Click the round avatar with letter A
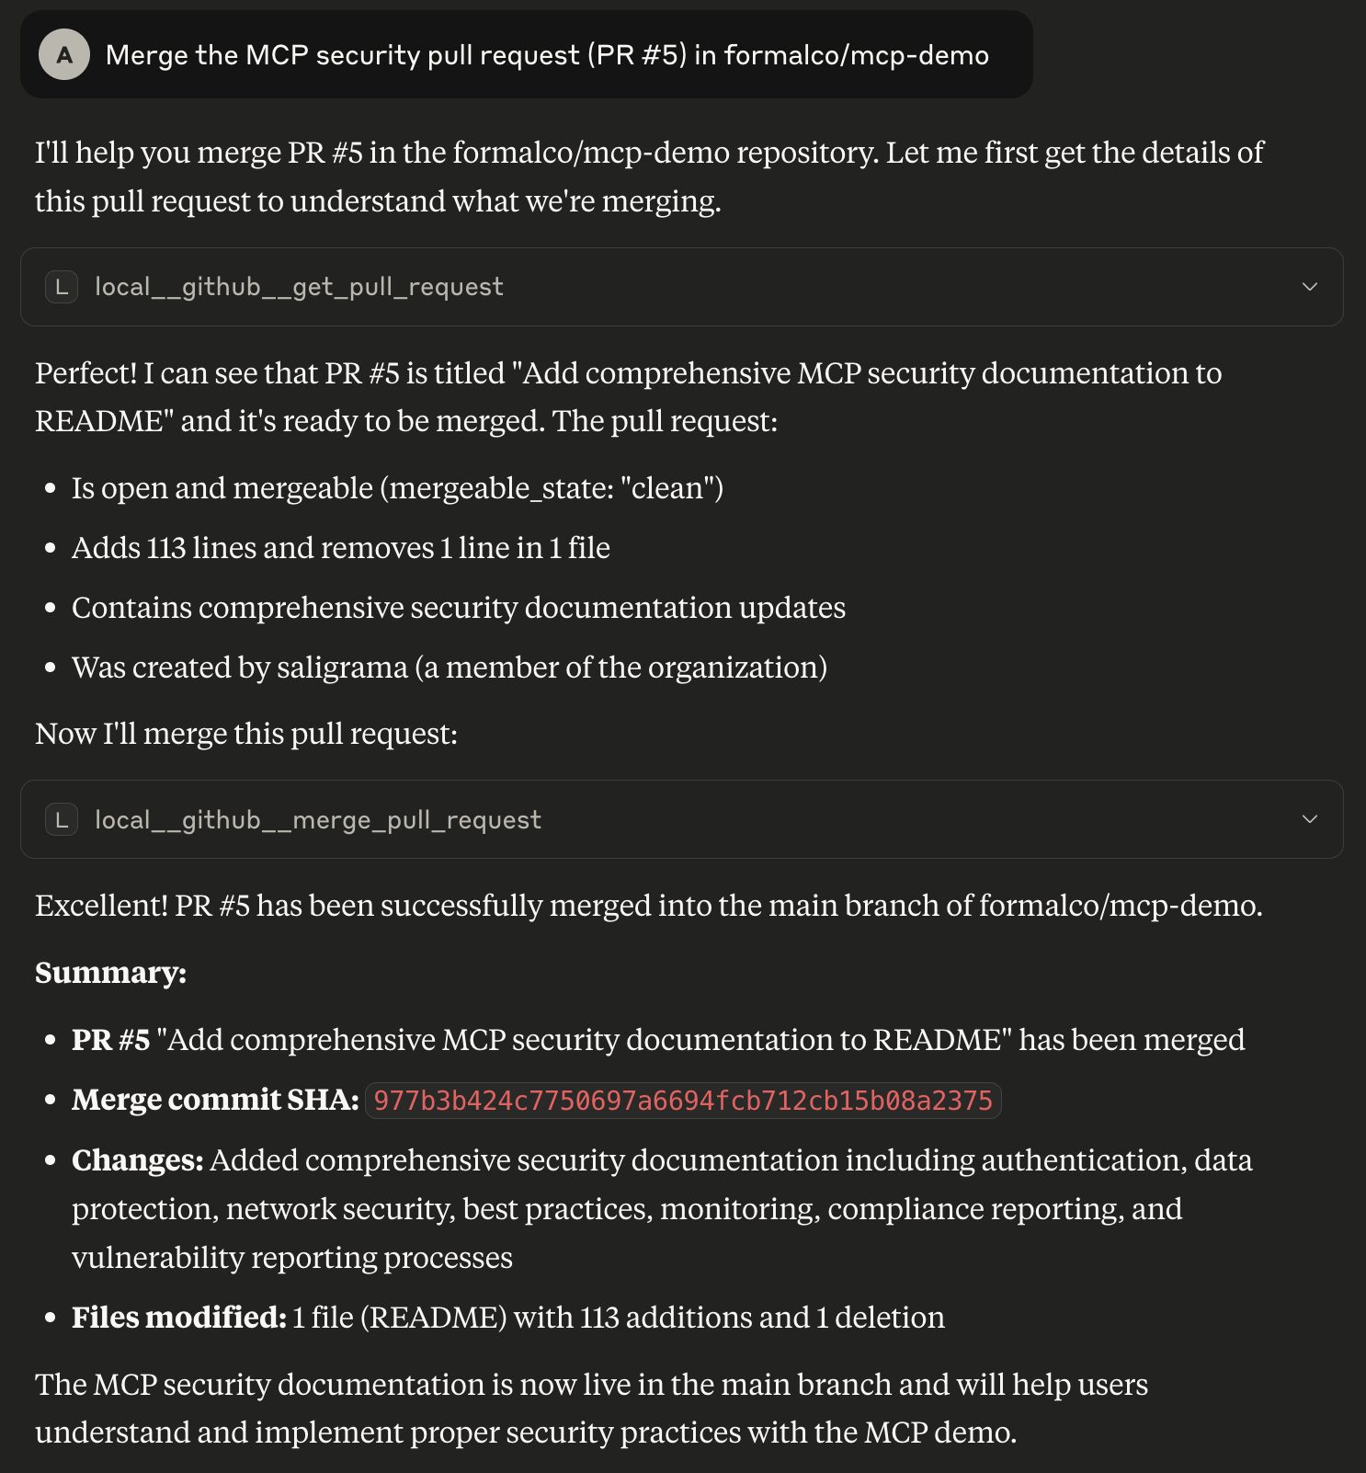point(64,54)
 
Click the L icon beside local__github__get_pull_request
point(62,287)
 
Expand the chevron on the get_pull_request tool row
point(1310,287)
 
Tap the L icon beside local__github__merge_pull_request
point(62,819)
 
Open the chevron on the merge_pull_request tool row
point(1310,819)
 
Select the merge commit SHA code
point(683,1101)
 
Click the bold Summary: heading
point(110,973)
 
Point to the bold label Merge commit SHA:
point(215,1100)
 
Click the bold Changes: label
point(138,1160)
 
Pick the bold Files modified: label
point(179,1318)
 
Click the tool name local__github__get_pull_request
point(299,287)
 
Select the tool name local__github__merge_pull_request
point(318,819)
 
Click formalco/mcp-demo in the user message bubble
point(856,55)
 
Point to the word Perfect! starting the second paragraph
point(86,373)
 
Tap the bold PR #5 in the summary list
point(110,1040)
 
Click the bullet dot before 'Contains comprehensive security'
point(51,608)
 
